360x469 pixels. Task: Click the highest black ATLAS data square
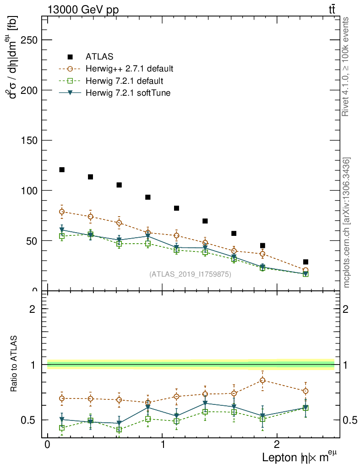[62, 170]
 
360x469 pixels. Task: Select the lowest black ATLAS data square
[305, 262]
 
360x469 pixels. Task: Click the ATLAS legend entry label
[99, 57]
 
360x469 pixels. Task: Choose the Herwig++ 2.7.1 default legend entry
[129, 69]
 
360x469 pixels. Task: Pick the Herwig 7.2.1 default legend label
[124, 81]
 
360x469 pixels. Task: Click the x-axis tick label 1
[163, 445]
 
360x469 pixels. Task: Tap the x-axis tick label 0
[48, 445]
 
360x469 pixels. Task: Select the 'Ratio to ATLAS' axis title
[14, 364]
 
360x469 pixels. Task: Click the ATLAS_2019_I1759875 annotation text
[190, 274]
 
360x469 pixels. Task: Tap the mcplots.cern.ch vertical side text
[347, 223]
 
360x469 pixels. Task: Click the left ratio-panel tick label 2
[33, 309]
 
